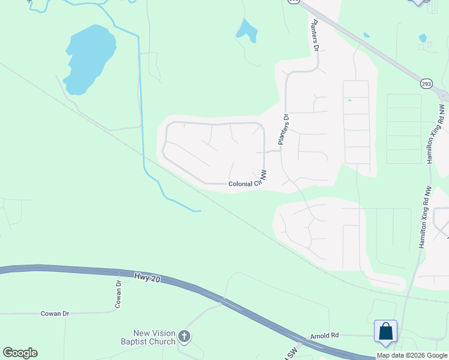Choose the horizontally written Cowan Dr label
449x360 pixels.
click(x=55, y=313)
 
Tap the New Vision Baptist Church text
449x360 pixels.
click(x=155, y=337)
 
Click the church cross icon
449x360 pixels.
click(x=184, y=337)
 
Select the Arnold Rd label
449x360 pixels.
click(x=325, y=335)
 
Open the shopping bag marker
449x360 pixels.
click(x=385, y=332)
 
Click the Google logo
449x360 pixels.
click(x=20, y=352)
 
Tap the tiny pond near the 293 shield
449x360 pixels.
click(x=423, y=38)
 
